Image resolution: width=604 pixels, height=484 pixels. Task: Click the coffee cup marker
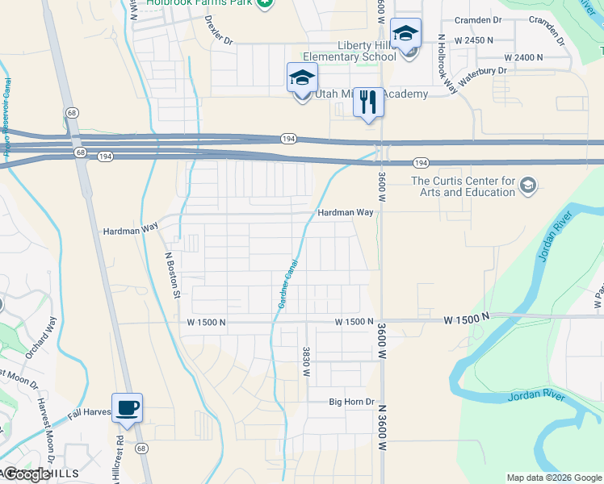click(127, 407)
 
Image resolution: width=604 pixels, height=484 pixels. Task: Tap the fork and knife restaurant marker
click(368, 102)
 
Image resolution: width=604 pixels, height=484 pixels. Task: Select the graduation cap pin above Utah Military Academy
click(302, 77)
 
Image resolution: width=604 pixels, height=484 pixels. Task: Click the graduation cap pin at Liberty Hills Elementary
click(405, 33)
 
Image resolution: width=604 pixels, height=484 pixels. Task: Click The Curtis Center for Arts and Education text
click(463, 186)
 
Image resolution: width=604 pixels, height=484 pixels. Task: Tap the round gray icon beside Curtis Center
click(528, 186)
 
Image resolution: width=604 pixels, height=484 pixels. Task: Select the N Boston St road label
click(171, 275)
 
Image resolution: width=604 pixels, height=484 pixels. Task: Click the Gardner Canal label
click(288, 283)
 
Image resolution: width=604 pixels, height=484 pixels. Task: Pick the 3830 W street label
click(306, 361)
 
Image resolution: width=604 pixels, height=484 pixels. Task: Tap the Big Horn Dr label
click(352, 402)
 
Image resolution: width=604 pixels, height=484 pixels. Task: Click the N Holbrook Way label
click(447, 64)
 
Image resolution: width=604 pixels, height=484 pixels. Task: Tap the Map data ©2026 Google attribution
click(554, 478)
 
